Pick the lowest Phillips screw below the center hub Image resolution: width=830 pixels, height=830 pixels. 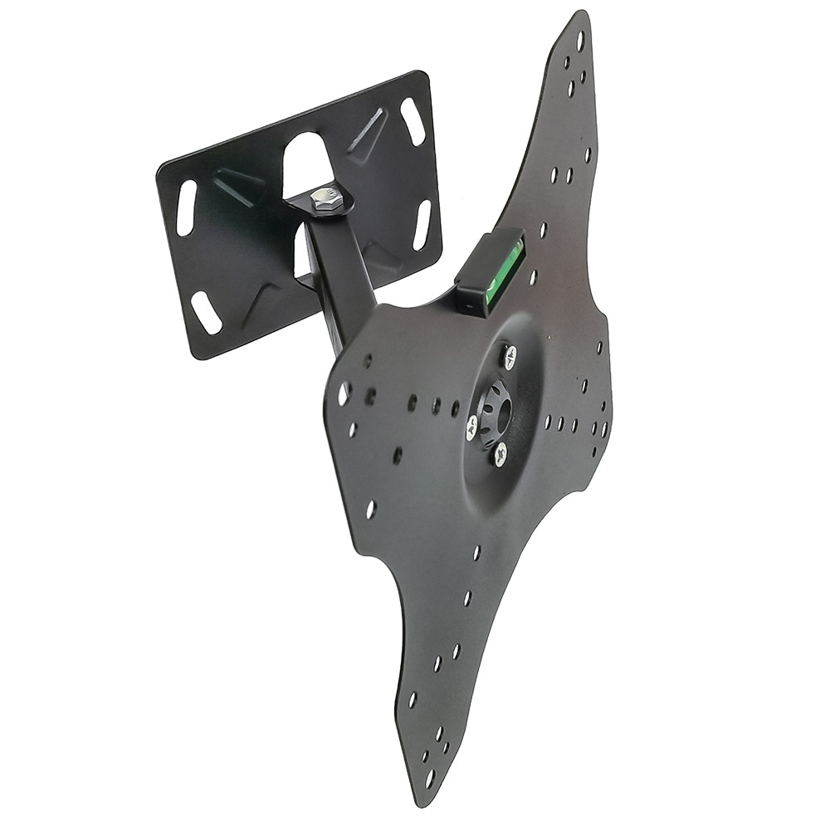500,453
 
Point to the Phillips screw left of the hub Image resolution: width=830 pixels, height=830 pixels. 471,427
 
